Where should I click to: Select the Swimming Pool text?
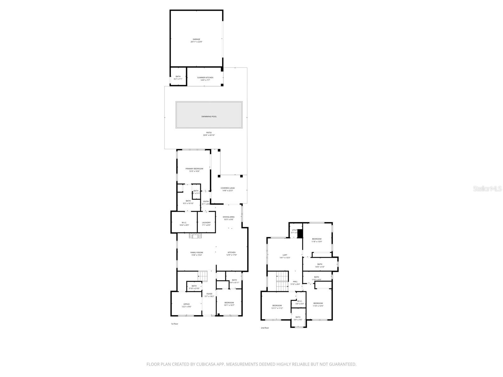point(209,117)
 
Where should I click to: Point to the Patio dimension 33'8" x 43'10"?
point(209,135)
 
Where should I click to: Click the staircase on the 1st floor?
point(203,276)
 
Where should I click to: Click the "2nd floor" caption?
point(265,328)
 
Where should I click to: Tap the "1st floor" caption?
point(174,324)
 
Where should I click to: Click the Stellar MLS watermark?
point(488,189)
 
